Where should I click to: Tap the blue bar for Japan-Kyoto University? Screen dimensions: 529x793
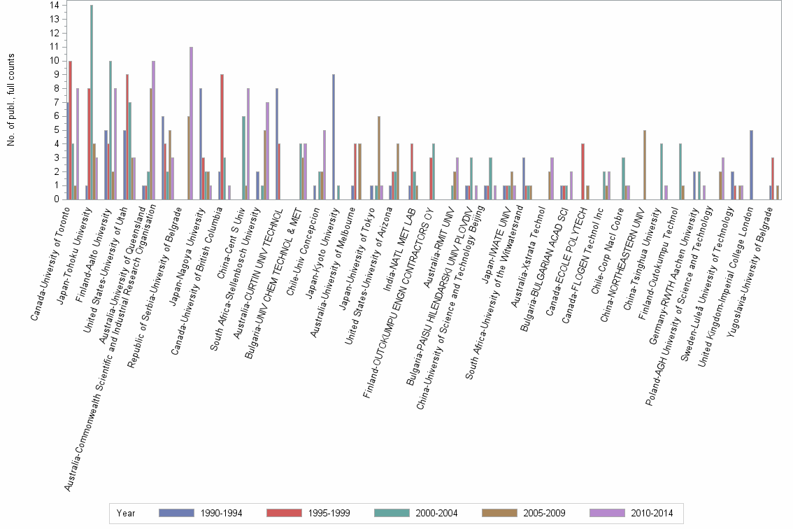pyautogui.click(x=334, y=137)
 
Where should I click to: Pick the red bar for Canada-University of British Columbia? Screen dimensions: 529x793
pyautogui.click(x=222, y=137)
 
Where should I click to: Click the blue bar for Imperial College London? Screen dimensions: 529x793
pyautogui.click(x=751, y=164)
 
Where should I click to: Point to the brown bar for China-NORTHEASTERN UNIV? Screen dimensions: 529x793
pyautogui.click(x=645, y=164)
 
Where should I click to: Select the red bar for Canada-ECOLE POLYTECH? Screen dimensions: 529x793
pyautogui.click(x=583, y=171)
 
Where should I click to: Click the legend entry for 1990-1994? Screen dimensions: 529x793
pyautogui.click(x=201, y=513)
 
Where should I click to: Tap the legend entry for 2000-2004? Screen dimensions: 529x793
pyautogui.click(x=416, y=513)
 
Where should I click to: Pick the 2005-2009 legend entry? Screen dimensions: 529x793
pyautogui.click(x=524, y=513)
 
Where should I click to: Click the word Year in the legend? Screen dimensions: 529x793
pyautogui.click(x=127, y=513)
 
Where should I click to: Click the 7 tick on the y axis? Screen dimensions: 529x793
pyautogui.click(x=57, y=102)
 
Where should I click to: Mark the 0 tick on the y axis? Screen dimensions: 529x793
pyautogui.click(x=57, y=199)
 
